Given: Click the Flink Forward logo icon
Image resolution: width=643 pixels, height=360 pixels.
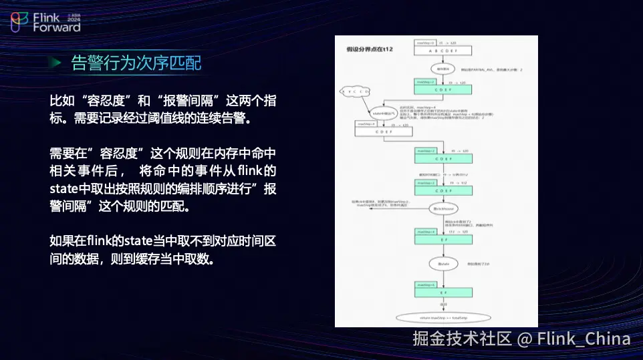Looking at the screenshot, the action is [20, 22].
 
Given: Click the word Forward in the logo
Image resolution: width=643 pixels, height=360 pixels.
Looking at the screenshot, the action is [57, 27].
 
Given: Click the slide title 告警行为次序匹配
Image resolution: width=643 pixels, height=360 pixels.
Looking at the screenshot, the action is [136, 63].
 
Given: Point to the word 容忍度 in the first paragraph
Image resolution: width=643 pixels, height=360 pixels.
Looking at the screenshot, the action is [103, 102].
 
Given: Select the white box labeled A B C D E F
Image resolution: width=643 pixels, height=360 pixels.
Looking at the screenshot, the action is [443, 51].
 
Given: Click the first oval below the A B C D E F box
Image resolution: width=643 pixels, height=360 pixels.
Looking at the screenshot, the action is [443, 68].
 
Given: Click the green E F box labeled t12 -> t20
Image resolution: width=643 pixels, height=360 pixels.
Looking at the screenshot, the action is [443, 238].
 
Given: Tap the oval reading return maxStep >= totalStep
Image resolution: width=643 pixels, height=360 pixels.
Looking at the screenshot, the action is [443, 317].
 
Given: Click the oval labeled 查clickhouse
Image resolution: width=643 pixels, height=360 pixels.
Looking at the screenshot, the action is [443, 209].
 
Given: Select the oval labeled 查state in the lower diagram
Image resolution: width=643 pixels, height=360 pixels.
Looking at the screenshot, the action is [443, 264].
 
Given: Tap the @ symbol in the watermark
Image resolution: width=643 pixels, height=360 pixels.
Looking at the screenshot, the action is [525, 339].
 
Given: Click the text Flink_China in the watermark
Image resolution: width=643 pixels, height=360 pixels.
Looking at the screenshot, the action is [584, 339].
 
